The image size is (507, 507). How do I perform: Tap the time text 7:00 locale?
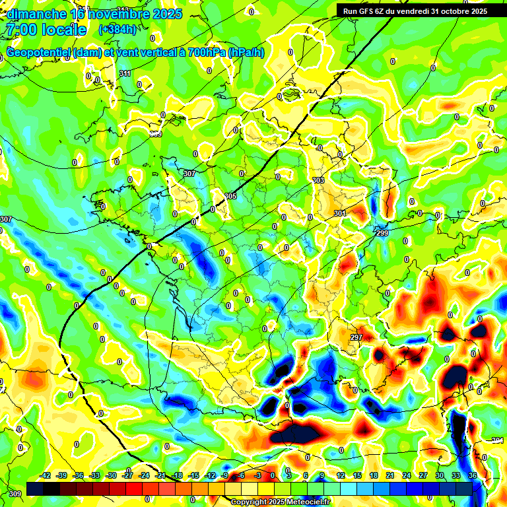45,30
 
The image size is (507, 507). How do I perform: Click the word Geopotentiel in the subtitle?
39,53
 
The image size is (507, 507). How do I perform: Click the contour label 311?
125,73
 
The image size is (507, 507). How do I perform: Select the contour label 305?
230,196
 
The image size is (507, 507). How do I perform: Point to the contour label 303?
318,180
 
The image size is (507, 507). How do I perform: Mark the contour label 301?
339,213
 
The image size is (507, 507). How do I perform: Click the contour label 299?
382,234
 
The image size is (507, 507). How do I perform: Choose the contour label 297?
356,337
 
